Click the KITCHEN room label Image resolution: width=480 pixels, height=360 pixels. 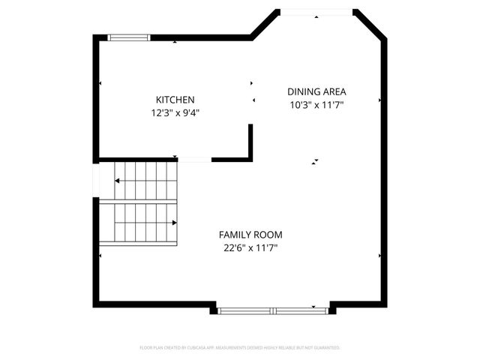(175, 100)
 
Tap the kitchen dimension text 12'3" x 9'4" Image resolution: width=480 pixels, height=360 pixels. (175, 113)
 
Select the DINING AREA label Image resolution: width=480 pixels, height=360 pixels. (316, 91)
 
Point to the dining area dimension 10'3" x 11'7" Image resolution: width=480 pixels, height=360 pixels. (316, 105)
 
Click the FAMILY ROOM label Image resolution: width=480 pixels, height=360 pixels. (250, 235)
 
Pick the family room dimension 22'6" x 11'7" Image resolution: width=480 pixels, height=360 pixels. (250, 247)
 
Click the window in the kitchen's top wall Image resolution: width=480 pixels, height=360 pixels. (129, 37)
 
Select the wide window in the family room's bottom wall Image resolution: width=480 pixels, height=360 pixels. (274, 310)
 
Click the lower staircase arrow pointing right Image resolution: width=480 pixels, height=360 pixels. (173, 222)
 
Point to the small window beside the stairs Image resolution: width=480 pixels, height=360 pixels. (96, 180)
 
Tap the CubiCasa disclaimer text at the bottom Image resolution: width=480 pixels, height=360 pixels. (240, 348)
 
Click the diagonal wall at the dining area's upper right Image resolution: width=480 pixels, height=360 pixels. (370, 25)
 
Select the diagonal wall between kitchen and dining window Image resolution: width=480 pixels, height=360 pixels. (262, 25)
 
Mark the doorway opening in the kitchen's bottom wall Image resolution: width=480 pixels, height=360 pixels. (193, 159)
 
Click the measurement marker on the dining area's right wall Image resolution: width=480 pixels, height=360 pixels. (380, 100)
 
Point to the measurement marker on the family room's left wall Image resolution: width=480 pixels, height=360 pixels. (100, 255)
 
